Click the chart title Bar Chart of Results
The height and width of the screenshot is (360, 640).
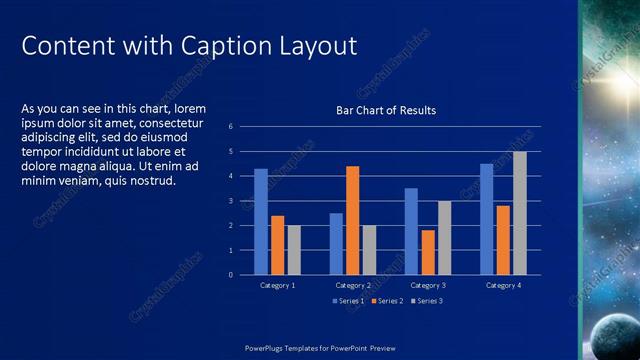(x=385, y=110)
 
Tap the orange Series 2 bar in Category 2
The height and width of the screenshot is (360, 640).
(x=352, y=220)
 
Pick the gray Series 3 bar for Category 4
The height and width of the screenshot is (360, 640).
(x=520, y=213)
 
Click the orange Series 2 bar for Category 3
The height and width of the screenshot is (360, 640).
(x=428, y=252)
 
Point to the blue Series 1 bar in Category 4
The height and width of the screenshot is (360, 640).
(x=486, y=219)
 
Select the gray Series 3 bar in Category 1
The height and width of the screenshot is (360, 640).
(x=294, y=250)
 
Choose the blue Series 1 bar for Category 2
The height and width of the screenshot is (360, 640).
(x=336, y=243)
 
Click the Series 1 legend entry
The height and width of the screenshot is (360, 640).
(x=348, y=301)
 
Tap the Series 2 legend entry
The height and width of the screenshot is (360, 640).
(x=387, y=301)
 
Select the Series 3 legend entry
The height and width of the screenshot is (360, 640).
(x=426, y=301)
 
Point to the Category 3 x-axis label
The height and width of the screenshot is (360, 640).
(x=428, y=285)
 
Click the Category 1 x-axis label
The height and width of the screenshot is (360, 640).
(x=277, y=285)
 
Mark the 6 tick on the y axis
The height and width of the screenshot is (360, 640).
(x=230, y=127)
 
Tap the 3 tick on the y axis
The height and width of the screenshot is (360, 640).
(x=230, y=201)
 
